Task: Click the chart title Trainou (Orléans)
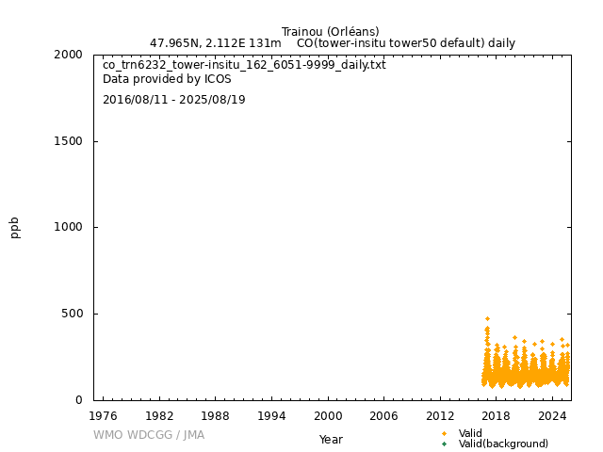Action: click(x=330, y=32)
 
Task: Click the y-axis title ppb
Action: click(x=15, y=227)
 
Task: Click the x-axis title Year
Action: click(x=331, y=439)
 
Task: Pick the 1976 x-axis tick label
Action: click(x=103, y=415)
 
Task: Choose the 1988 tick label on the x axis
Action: click(x=216, y=415)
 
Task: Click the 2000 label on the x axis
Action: click(x=328, y=415)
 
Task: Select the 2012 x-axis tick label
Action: click(x=440, y=415)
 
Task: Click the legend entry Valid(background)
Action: click(x=503, y=444)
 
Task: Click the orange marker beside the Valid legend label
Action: click(x=444, y=433)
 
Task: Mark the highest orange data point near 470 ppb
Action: click(x=487, y=318)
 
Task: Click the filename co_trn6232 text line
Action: click(x=244, y=65)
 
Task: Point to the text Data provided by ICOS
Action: click(x=167, y=79)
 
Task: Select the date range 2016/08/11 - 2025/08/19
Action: click(x=173, y=100)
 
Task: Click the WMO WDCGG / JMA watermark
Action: click(x=149, y=435)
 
